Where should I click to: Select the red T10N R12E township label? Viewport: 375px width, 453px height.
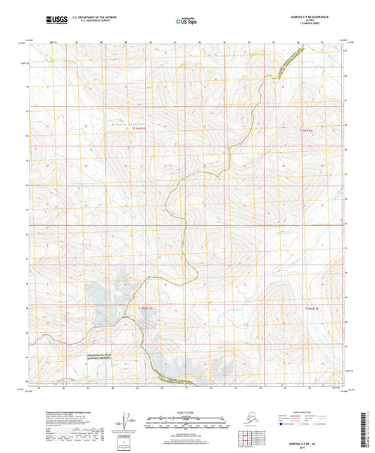[144, 307]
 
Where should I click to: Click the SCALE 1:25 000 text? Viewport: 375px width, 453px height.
[187, 411]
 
